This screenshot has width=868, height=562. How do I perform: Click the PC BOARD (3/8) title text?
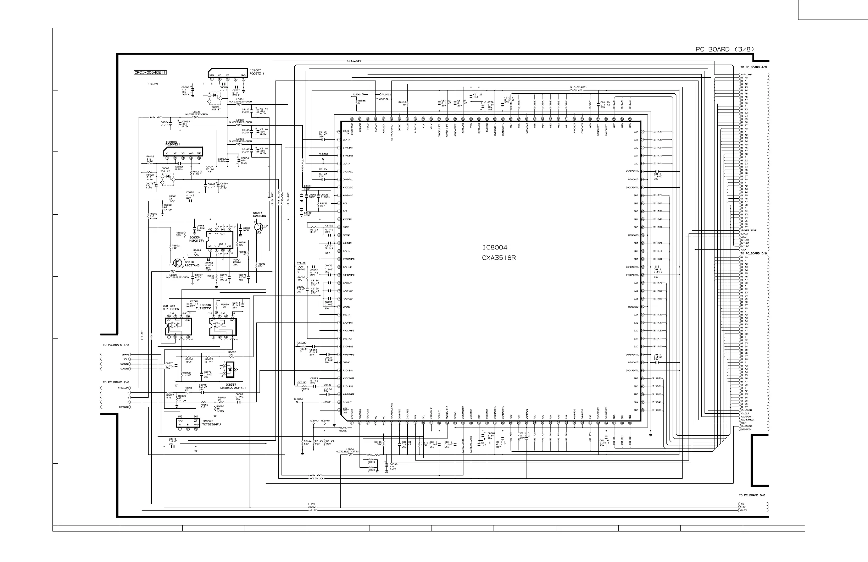(x=725, y=49)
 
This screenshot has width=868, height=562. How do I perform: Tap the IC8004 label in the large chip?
(x=495, y=247)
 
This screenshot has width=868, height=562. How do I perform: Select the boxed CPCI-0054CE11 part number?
(x=150, y=72)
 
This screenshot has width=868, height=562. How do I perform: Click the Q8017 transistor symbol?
(x=258, y=227)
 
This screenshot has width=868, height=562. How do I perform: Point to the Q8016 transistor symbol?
(x=177, y=263)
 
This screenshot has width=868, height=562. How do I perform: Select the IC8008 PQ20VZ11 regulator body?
(x=183, y=152)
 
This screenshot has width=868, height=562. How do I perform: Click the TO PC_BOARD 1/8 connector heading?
(x=116, y=345)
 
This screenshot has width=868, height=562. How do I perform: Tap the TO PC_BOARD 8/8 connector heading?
(x=752, y=495)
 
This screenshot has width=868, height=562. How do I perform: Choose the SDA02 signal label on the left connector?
(x=126, y=354)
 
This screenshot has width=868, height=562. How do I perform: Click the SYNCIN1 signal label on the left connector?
(x=124, y=407)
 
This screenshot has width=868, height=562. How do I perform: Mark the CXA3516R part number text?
(x=499, y=258)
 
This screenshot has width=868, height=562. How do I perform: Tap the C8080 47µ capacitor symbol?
(x=193, y=89)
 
